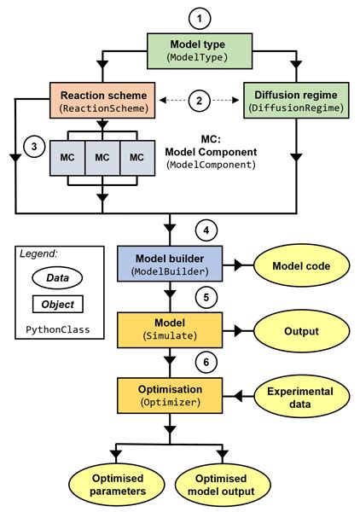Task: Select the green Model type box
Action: click(199, 50)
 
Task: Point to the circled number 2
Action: click(199, 100)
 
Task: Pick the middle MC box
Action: click(102, 158)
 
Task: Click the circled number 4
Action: click(204, 230)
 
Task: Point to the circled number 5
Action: click(204, 296)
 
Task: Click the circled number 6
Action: click(204, 361)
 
